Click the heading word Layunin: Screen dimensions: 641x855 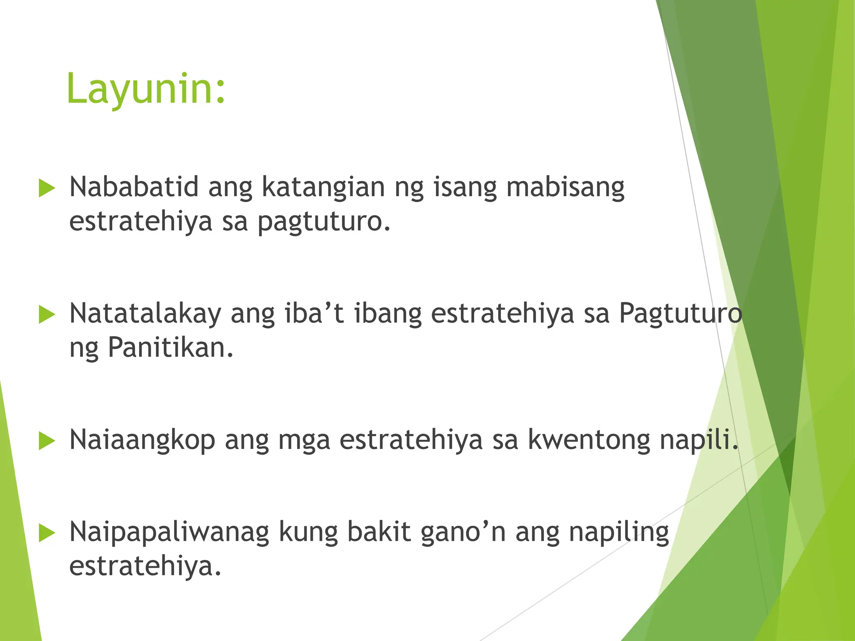[x=146, y=89]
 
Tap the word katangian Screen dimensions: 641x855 [x=323, y=187]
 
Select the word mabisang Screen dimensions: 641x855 [x=565, y=187]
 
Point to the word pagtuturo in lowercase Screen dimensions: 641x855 [x=324, y=222]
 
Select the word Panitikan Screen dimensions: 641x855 [x=170, y=347]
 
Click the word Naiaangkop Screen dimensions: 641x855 [x=142, y=440]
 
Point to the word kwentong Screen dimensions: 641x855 [x=589, y=440]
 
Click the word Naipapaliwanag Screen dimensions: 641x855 [x=169, y=533]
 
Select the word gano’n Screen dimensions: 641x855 [x=463, y=533]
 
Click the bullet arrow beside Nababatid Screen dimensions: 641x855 [x=47, y=188]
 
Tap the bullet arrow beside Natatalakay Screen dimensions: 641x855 [x=47, y=315]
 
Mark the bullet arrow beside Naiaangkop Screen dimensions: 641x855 [x=47, y=441]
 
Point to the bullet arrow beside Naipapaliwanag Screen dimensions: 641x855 [x=47, y=533]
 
